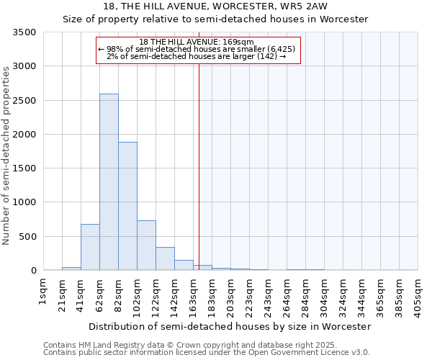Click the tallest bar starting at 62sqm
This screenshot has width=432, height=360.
109,182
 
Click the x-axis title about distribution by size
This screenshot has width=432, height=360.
230,326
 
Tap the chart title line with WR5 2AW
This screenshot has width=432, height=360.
215,6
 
